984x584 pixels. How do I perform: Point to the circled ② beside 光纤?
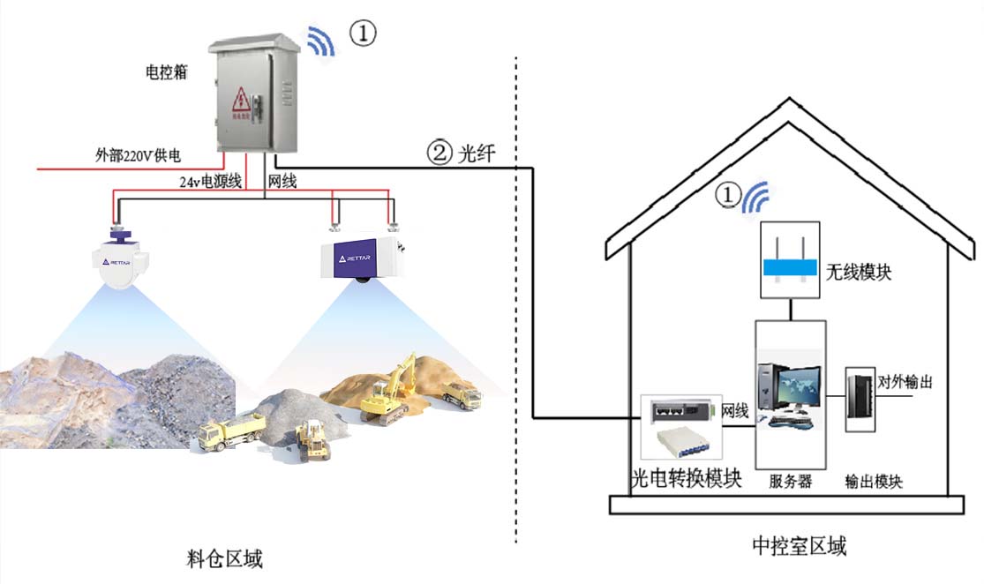[x=439, y=153]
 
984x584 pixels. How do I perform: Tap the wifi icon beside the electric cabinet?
[x=321, y=42]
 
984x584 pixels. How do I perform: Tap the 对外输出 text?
[x=905, y=383]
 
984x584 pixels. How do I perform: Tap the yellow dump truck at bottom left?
[x=230, y=433]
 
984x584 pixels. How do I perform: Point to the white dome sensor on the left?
[x=122, y=264]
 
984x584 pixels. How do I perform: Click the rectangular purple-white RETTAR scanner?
[x=361, y=256]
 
